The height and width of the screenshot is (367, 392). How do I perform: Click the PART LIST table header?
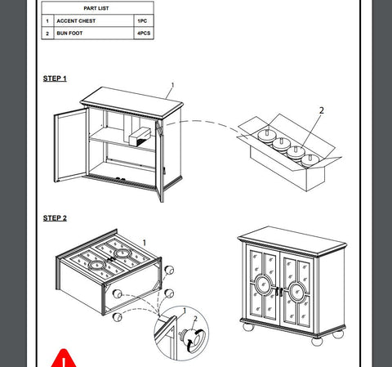[x=97, y=8]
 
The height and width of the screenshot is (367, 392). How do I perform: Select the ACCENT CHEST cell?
[x=94, y=20]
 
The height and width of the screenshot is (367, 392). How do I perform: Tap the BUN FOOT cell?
[x=94, y=34]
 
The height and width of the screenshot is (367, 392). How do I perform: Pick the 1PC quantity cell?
[x=144, y=20]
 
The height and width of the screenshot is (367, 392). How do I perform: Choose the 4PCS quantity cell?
[x=144, y=34]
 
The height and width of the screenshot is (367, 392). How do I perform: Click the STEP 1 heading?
[x=55, y=78]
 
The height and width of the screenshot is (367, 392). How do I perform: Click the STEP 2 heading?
[x=55, y=218]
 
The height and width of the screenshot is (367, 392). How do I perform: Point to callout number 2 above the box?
[x=322, y=110]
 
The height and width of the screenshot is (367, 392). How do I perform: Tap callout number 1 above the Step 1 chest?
[x=172, y=85]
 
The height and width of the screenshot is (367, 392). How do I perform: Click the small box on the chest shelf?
[x=140, y=137]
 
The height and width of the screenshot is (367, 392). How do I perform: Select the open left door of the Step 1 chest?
[x=70, y=145]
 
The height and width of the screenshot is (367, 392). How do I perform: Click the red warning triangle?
[x=64, y=358]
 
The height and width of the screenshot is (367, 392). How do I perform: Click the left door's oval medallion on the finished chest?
[x=263, y=284]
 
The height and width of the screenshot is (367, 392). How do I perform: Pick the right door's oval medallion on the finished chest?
[x=297, y=292]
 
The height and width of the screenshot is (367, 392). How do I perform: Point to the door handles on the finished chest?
[x=279, y=292]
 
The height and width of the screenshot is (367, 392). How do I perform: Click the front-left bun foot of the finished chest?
[x=248, y=327]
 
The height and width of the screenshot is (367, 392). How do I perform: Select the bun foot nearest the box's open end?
[x=310, y=160]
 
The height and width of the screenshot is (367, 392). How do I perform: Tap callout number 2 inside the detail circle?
[x=195, y=319]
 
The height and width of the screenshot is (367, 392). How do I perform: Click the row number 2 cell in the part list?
[x=47, y=34]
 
